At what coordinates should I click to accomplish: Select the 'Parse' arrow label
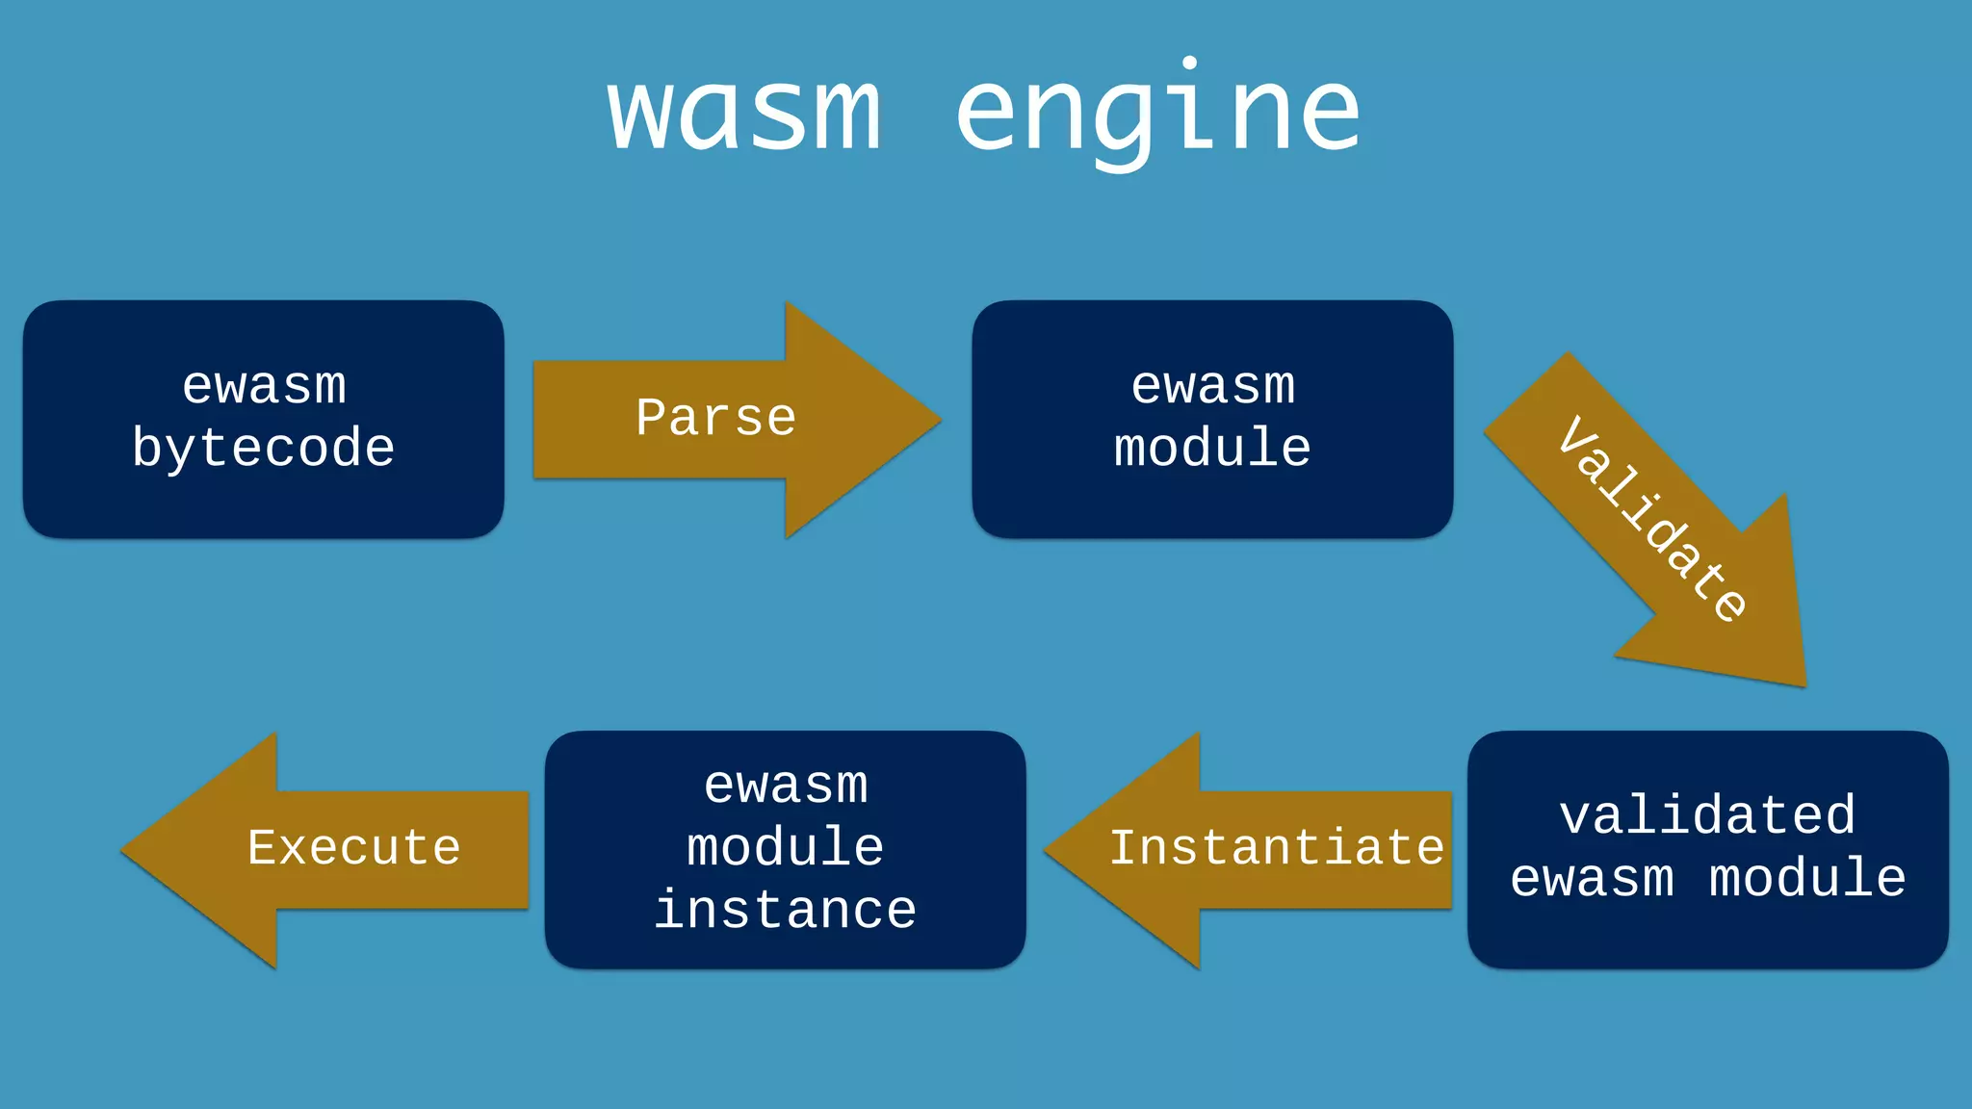pyautogui.click(x=715, y=419)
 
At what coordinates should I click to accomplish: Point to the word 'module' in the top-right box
pyautogui.click(x=1212, y=449)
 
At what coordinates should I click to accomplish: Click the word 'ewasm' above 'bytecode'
pyautogui.click(x=264, y=386)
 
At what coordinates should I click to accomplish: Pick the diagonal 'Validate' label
pyautogui.click(x=1652, y=520)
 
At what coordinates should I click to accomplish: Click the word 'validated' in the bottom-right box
pyautogui.click(x=1707, y=816)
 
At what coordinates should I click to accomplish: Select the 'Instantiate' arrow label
pyautogui.click(x=1277, y=848)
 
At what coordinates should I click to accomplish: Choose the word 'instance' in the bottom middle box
pyautogui.click(x=785, y=911)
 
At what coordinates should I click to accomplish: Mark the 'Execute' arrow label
pyautogui.click(x=354, y=848)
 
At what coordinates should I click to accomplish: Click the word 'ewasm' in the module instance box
pyautogui.click(x=786, y=786)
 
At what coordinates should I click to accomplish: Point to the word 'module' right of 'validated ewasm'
pyautogui.click(x=1807, y=879)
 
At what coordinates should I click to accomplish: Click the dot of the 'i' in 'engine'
pyautogui.click(x=1190, y=64)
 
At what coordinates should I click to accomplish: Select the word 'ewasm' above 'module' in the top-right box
pyautogui.click(x=1212, y=386)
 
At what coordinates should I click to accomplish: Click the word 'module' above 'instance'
pyautogui.click(x=785, y=848)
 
